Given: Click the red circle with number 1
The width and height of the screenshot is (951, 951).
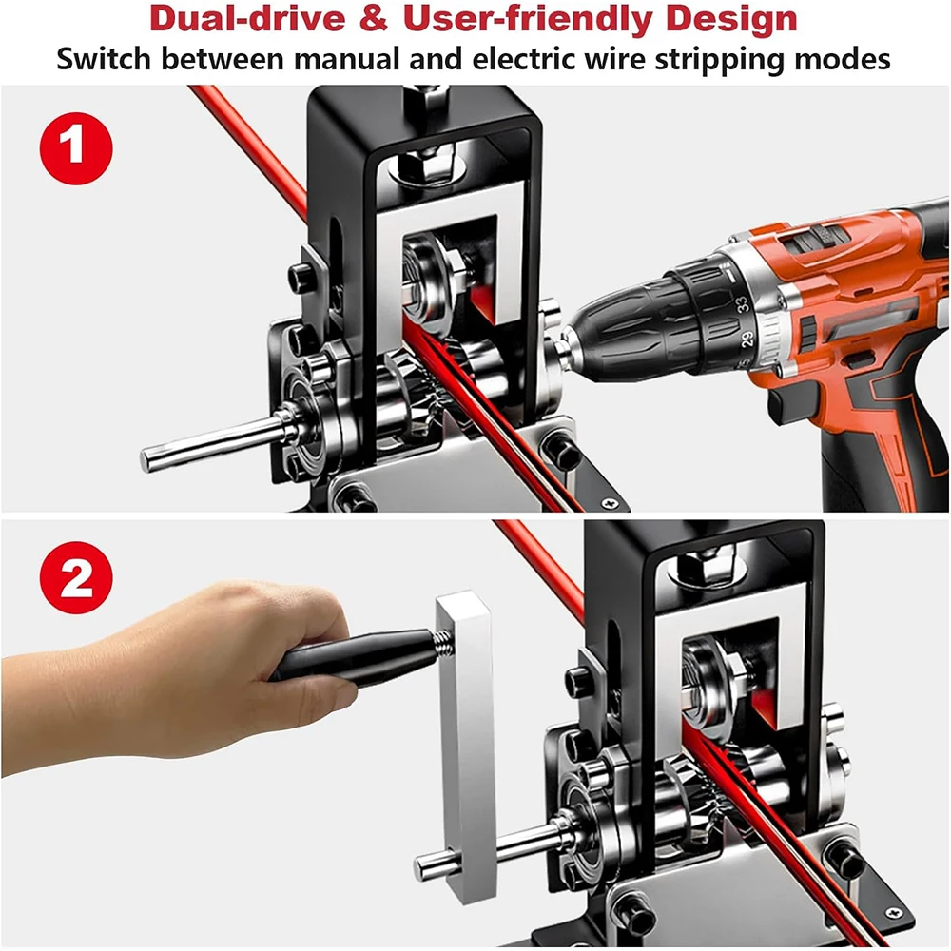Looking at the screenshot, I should click(76, 149).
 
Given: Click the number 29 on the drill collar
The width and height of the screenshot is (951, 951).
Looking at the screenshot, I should click(747, 339).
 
